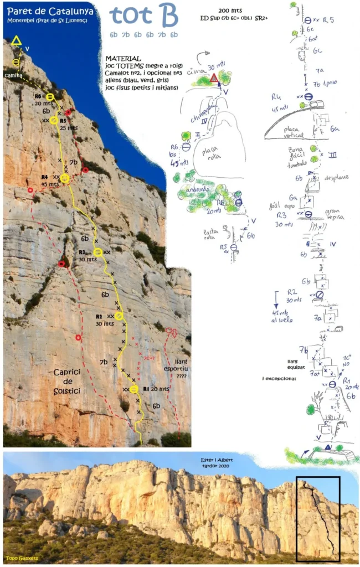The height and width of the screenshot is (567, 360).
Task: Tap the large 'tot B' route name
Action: coord(143,17)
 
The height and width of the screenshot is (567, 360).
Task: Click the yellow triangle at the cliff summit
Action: coord(16,41)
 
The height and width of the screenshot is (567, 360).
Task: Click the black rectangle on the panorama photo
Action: coord(318,519)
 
